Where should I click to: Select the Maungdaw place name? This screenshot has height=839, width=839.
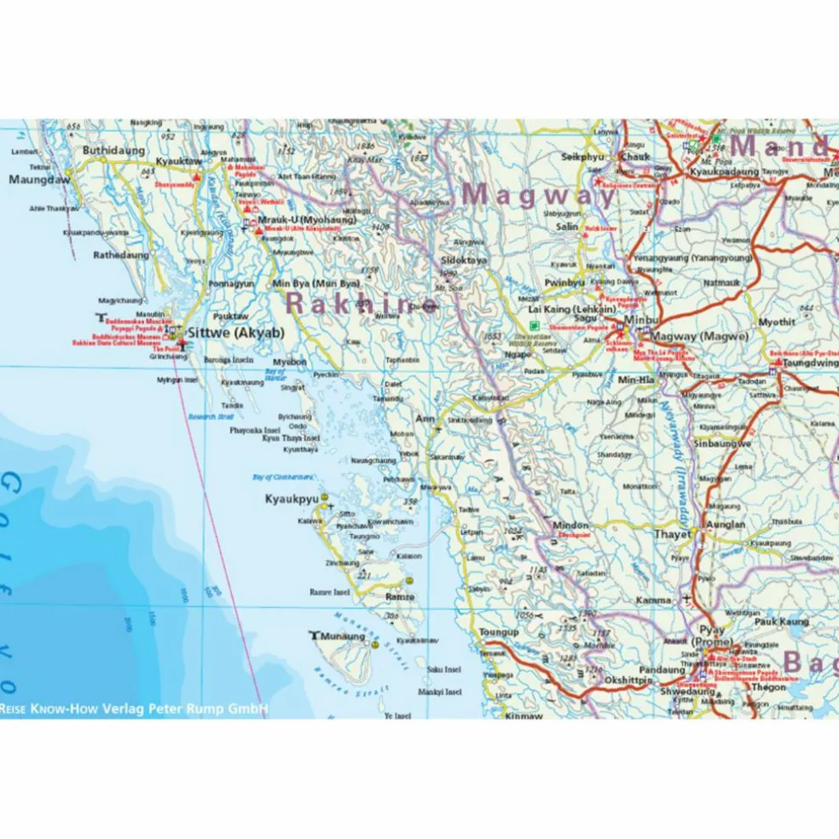(37, 180)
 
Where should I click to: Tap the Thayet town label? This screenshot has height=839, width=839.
(672, 535)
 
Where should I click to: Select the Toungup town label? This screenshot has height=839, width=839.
(499, 632)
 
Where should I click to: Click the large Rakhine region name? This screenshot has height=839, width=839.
(358, 302)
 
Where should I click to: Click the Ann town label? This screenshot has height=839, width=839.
(425, 419)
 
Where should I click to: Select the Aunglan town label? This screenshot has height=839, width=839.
(725, 524)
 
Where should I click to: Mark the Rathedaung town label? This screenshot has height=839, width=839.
(120, 254)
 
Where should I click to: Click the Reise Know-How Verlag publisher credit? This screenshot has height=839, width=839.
(135, 708)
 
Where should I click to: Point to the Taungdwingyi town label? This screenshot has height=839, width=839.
(810, 361)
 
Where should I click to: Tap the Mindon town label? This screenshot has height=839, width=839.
(570, 525)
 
